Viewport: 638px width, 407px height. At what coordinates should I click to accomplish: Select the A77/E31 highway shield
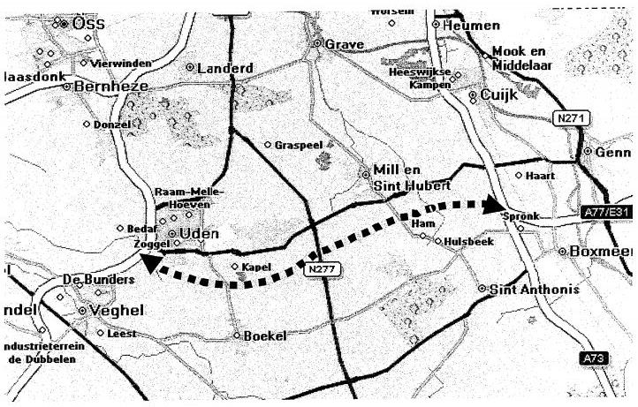tap(608, 213)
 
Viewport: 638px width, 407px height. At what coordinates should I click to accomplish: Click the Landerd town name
tap(225, 68)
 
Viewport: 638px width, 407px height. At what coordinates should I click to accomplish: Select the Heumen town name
tap(470, 26)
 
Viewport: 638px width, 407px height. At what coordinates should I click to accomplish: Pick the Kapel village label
tap(254, 266)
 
